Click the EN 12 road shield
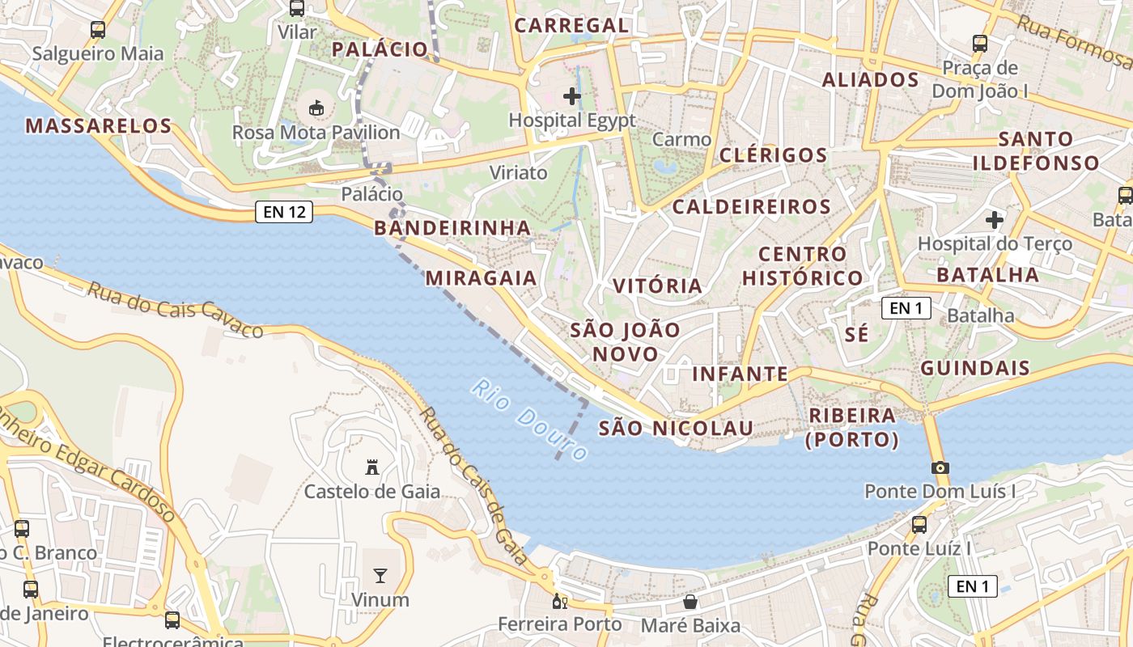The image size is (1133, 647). pyautogui.click(x=284, y=212)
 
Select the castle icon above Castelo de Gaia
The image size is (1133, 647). pyautogui.click(x=372, y=467)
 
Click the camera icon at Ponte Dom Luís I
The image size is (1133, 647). pyautogui.click(x=940, y=467)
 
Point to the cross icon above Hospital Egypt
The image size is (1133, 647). pyautogui.click(x=572, y=97)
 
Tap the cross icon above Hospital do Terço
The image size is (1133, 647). pyautogui.click(x=995, y=219)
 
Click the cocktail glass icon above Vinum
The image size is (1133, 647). pyautogui.click(x=380, y=576)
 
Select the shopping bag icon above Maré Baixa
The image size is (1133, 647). pyautogui.click(x=690, y=602)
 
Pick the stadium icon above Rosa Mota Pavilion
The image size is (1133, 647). pyautogui.click(x=316, y=108)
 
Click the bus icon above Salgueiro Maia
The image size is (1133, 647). pyautogui.click(x=98, y=30)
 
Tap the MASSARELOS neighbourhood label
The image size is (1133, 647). pyautogui.click(x=99, y=126)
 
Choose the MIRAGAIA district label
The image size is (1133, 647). pyautogui.click(x=482, y=278)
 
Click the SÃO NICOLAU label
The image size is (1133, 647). pyautogui.click(x=676, y=428)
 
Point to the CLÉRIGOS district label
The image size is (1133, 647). pyautogui.click(x=773, y=155)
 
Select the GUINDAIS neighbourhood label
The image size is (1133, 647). pyautogui.click(x=975, y=369)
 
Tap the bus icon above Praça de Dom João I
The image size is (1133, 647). pyautogui.click(x=980, y=44)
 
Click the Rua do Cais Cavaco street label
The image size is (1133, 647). pyautogui.click(x=176, y=310)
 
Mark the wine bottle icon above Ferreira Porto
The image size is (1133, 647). pyautogui.click(x=559, y=602)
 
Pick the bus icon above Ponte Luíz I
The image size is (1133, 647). pyautogui.click(x=919, y=525)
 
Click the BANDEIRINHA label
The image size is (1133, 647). pyautogui.click(x=452, y=228)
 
